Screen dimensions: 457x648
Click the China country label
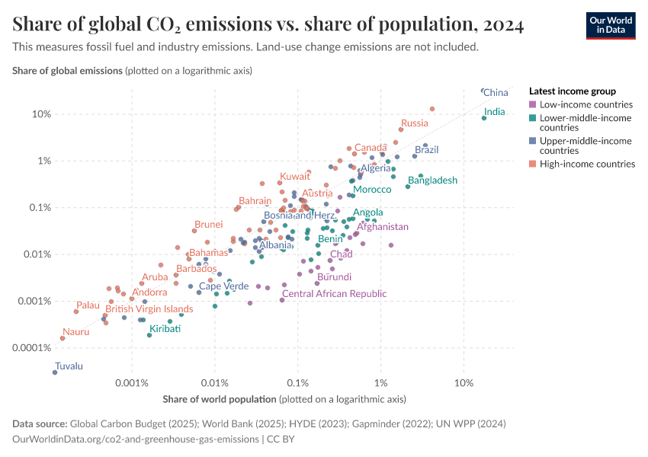tap(496, 93)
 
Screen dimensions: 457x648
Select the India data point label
tap(494, 112)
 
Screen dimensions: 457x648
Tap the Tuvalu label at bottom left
tap(69, 366)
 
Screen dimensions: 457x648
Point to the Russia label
tap(415, 123)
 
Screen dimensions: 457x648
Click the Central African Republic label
tap(335, 293)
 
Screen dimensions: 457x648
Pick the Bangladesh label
tap(432, 181)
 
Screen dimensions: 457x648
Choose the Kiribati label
tap(165, 329)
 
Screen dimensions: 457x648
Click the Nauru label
tap(76, 331)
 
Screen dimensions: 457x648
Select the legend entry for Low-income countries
tap(585, 104)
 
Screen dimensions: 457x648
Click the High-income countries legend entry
tap(587, 164)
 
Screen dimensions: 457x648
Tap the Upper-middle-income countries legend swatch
tap(533, 141)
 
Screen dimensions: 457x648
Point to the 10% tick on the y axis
tap(41, 114)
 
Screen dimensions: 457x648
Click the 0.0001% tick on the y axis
tap(34, 348)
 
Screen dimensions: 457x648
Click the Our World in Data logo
tap(611, 24)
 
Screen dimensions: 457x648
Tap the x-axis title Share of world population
tap(220, 398)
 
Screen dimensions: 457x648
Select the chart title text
tap(268, 25)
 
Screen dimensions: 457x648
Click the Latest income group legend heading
tap(572, 91)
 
